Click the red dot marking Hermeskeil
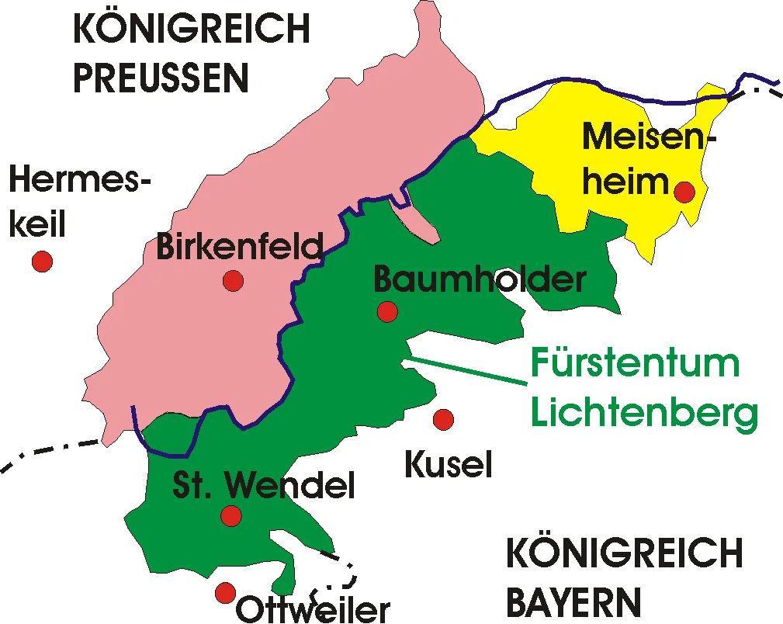[x=42, y=262]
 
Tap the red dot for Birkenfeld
[x=233, y=280]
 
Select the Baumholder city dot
[x=387, y=312]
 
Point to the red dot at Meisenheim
[x=684, y=191]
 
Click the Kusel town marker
[x=443, y=420]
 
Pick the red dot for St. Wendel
[x=230, y=515]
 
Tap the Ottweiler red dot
[x=225, y=593]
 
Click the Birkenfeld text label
[x=240, y=248]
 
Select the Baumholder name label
[x=480, y=279]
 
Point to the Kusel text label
[x=449, y=465]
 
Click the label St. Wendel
[x=263, y=486]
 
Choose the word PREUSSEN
[x=161, y=78]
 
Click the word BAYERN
[x=573, y=602]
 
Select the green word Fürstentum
[x=635, y=363]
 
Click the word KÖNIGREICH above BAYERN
[x=625, y=554]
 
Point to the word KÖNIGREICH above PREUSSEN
[x=191, y=29]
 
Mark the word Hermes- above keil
[x=80, y=183]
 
